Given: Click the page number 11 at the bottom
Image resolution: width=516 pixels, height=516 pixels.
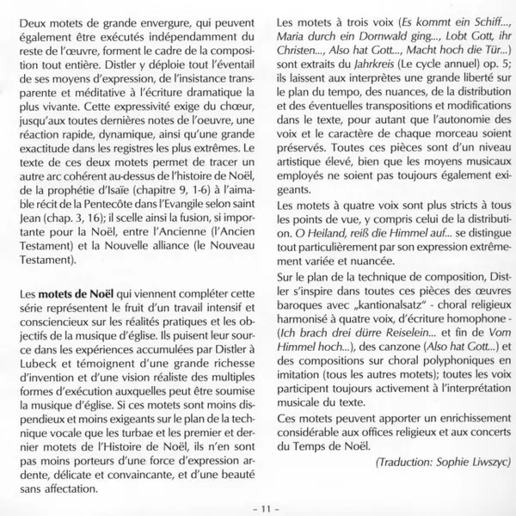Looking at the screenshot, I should click(x=258, y=508).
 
